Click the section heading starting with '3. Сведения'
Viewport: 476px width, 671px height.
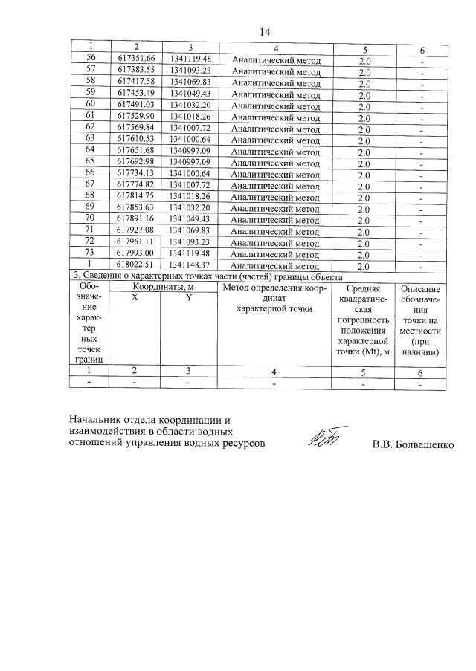205,276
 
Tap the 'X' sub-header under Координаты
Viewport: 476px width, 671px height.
135,297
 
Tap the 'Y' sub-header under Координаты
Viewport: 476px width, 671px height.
189,297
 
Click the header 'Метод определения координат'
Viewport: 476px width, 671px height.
274,297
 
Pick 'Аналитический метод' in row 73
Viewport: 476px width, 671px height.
275,254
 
